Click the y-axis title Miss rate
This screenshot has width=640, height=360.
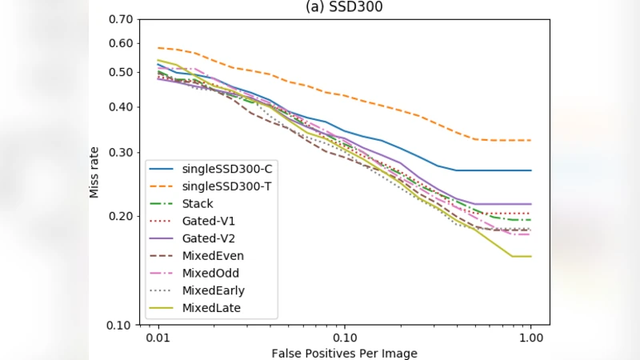[94, 171]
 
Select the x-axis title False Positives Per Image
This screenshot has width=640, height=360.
[344, 353]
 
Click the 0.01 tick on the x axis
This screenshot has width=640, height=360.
[158, 337]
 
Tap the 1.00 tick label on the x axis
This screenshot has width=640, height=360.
[531, 337]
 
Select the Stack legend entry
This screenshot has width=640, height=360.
[198, 203]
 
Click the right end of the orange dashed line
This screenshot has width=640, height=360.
[531, 140]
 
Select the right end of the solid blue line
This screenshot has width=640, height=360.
[531, 170]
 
